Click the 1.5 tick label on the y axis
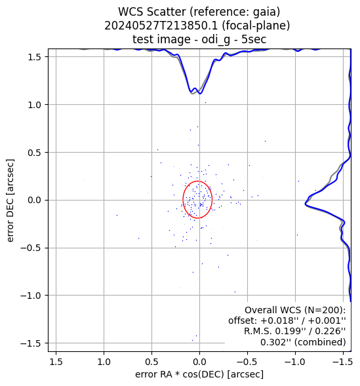click(x=35, y=57)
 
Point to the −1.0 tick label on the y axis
click(x=31, y=296)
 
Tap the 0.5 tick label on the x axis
click(x=151, y=362)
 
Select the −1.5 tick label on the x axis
click(x=343, y=362)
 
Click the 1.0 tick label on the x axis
click(x=104, y=362)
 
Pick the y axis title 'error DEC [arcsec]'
click(x=10, y=201)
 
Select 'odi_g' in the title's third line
click(x=216, y=39)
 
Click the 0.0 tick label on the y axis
click(x=35, y=201)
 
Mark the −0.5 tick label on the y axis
click(x=31, y=248)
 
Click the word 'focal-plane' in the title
click(x=256, y=26)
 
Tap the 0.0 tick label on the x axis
click(x=199, y=362)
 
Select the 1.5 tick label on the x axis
click(x=56, y=362)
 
